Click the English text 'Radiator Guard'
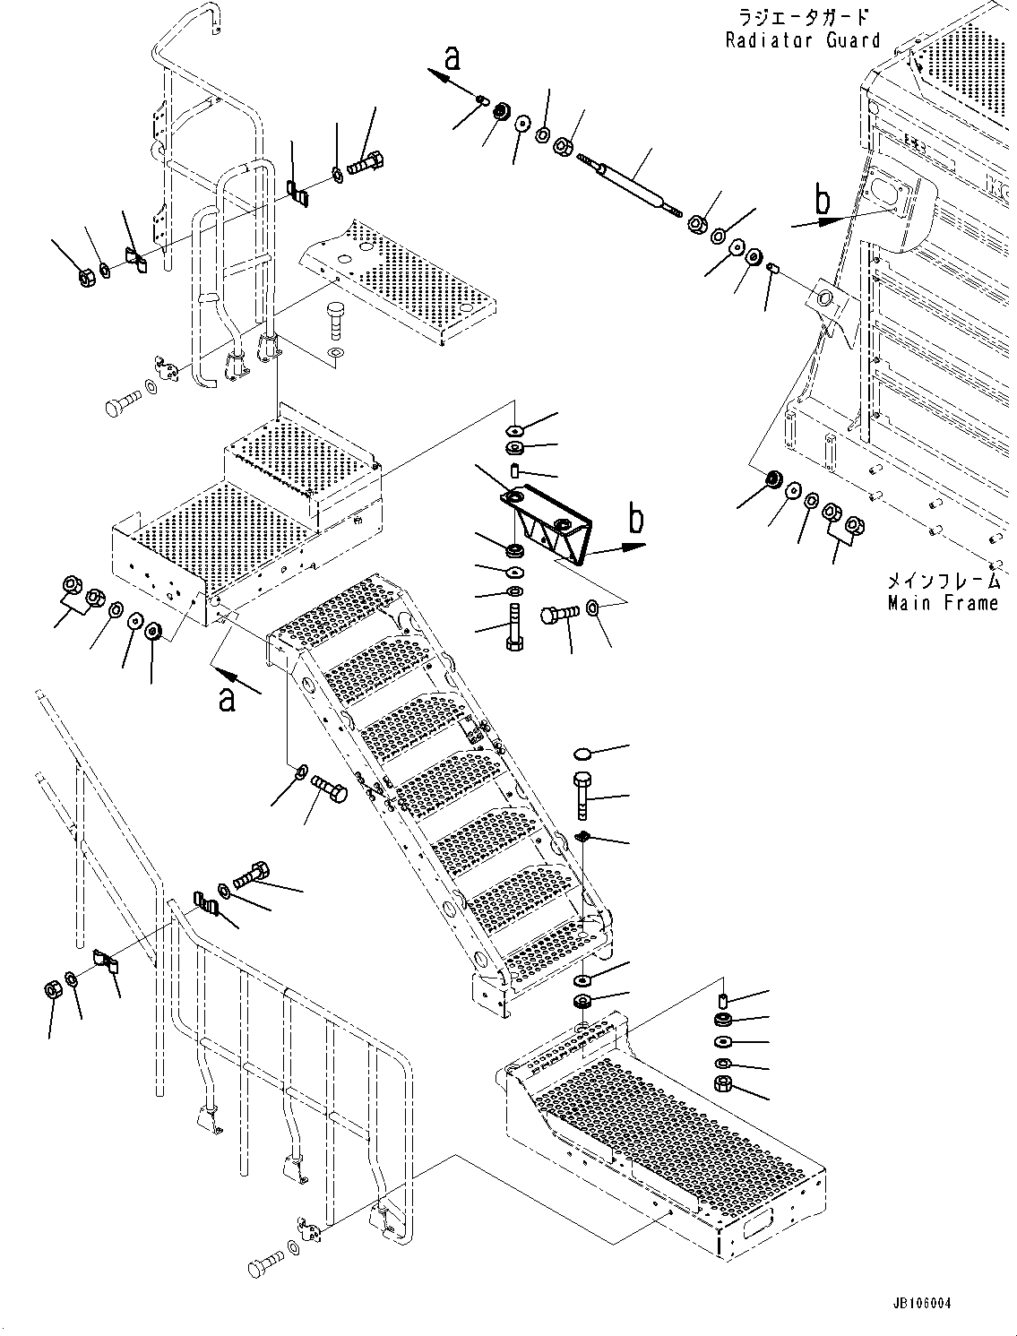803,39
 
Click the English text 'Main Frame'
943,603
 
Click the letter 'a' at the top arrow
452,58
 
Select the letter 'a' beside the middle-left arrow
228,698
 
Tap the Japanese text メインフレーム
943,582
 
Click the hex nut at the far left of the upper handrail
87,277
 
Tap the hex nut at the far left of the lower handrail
53,990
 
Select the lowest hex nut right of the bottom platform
724,1084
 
